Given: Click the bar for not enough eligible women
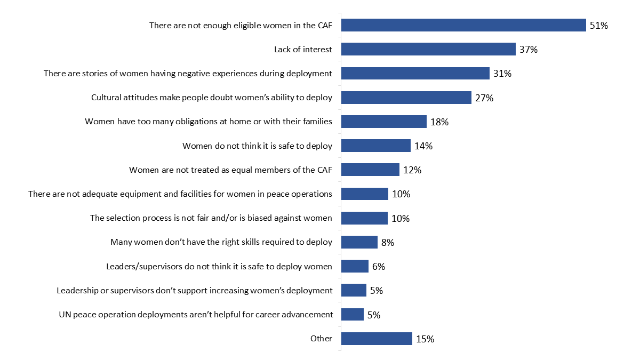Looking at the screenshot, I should (x=463, y=25).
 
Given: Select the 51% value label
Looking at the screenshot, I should (x=598, y=25).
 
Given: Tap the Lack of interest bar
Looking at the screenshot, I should (x=428, y=49).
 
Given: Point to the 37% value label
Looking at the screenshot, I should (x=528, y=50).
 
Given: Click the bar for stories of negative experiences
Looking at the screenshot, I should (x=415, y=74).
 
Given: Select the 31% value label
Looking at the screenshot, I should (x=502, y=74).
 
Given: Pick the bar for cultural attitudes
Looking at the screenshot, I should (x=406, y=98).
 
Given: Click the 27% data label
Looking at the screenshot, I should (x=484, y=98).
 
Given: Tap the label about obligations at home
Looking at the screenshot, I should (x=209, y=122).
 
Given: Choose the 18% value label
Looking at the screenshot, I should (x=439, y=122).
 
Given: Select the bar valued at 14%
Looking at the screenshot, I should (x=375, y=146).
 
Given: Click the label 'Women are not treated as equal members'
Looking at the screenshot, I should (x=230, y=170).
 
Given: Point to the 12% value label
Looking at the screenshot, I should (x=412, y=170).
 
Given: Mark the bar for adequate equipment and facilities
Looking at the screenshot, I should (x=364, y=194).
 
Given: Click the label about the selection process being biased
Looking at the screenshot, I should (x=211, y=218).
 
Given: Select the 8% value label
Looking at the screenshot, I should (x=388, y=243).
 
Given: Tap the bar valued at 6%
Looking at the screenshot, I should (x=355, y=266).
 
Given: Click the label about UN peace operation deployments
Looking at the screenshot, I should (x=196, y=315).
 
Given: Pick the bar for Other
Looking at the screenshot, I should (x=377, y=339).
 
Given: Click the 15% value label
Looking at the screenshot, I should (x=425, y=339).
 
